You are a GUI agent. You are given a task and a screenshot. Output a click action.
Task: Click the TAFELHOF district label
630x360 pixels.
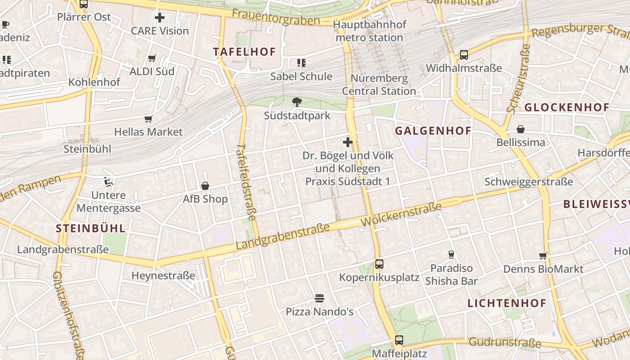(x=244, y=52)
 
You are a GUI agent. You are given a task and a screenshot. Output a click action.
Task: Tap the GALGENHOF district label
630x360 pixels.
(x=433, y=131)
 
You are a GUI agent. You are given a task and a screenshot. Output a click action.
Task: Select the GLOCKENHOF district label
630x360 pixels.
(x=567, y=108)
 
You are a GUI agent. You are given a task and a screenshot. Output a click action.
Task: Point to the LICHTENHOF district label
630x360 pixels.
(x=507, y=303)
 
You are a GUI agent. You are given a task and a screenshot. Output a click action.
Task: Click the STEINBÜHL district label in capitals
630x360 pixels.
(x=90, y=228)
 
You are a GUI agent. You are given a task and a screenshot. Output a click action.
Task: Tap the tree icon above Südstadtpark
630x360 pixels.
(x=297, y=102)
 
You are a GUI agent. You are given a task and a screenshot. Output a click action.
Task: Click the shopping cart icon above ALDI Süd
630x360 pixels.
(x=152, y=58)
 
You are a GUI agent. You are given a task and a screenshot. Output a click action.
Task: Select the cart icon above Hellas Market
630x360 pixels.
(x=148, y=119)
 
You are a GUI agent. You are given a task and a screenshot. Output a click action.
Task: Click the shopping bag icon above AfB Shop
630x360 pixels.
(x=205, y=186)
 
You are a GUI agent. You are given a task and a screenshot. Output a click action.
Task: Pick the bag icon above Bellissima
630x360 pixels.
(x=521, y=130)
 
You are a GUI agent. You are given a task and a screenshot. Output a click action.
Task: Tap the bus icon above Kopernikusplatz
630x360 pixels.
(x=379, y=264)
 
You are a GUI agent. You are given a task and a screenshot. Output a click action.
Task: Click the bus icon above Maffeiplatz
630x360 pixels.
(x=399, y=340)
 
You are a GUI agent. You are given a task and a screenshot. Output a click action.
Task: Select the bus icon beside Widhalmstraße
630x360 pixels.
(x=463, y=55)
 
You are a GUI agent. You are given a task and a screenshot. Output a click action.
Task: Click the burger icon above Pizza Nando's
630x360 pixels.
(x=319, y=298)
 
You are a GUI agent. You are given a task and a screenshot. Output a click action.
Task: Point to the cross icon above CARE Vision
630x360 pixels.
(x=160, y=18)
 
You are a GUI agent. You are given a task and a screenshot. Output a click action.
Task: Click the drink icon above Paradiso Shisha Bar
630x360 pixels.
(x=451, y=255)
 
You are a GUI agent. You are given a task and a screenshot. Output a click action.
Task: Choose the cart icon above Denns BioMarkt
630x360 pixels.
(x=543, y=256)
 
